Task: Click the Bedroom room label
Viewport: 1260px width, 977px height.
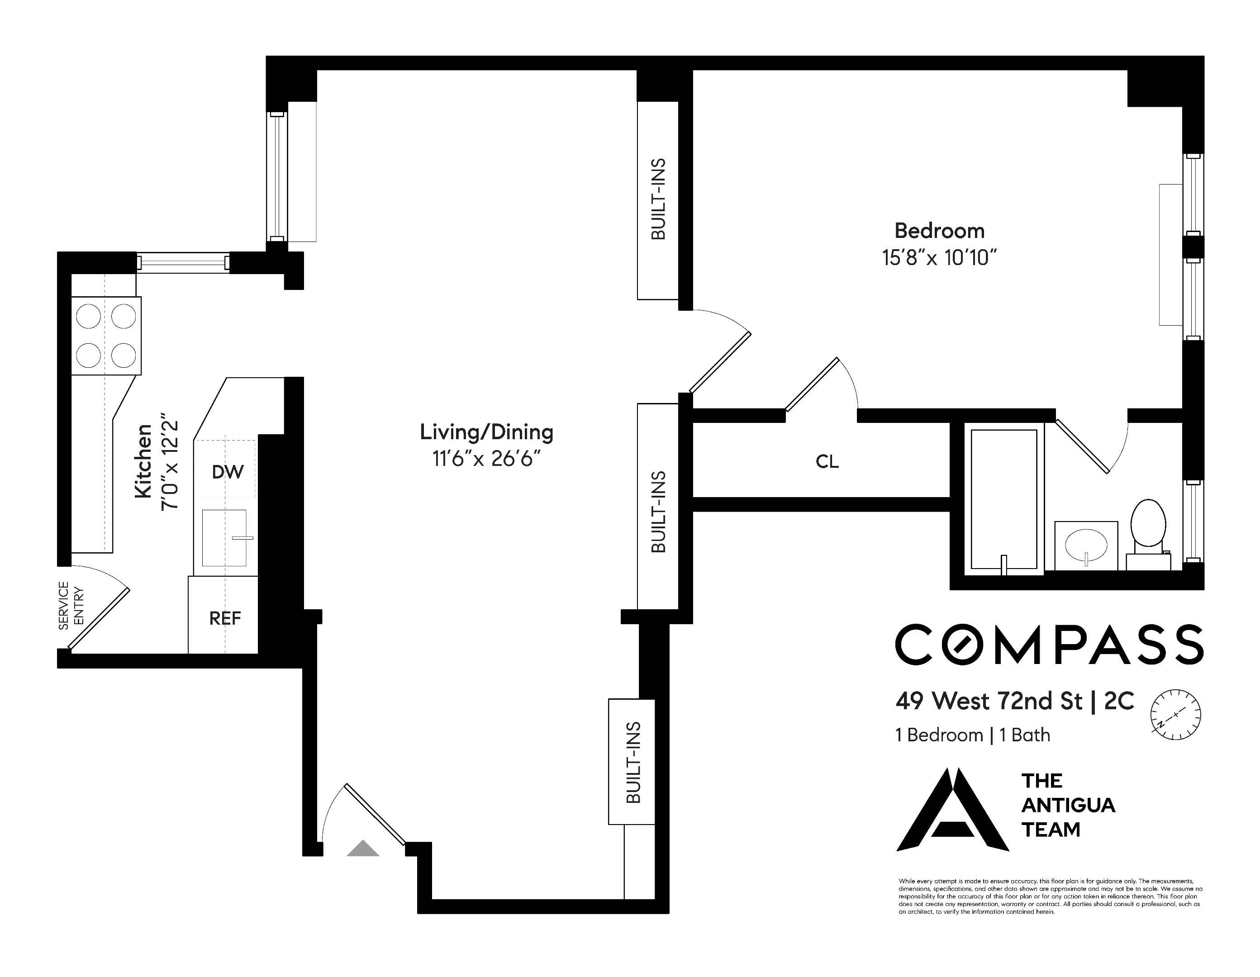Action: click(939, 231)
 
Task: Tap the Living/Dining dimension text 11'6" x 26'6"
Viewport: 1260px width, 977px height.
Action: click(486, 459)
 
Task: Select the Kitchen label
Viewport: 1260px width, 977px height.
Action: click(143, 461)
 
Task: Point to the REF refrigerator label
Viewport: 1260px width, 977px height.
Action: click(225, 618)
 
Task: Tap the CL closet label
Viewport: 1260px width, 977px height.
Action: click(827, 461)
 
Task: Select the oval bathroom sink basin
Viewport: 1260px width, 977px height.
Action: click(1086, 545)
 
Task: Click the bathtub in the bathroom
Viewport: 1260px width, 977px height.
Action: click(1004, 499)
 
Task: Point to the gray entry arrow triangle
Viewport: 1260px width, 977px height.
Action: click(363, 849)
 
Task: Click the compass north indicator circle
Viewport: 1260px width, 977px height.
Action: click(1176, 715)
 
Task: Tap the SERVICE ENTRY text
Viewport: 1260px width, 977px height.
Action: click(71, 606)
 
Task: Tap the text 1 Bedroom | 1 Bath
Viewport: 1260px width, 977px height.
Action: click(973, 735)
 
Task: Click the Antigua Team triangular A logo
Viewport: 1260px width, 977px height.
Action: click(952, 810)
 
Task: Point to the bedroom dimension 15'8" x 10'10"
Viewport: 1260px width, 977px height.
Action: click(939, 257)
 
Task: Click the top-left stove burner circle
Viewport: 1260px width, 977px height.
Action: click(89, 317)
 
